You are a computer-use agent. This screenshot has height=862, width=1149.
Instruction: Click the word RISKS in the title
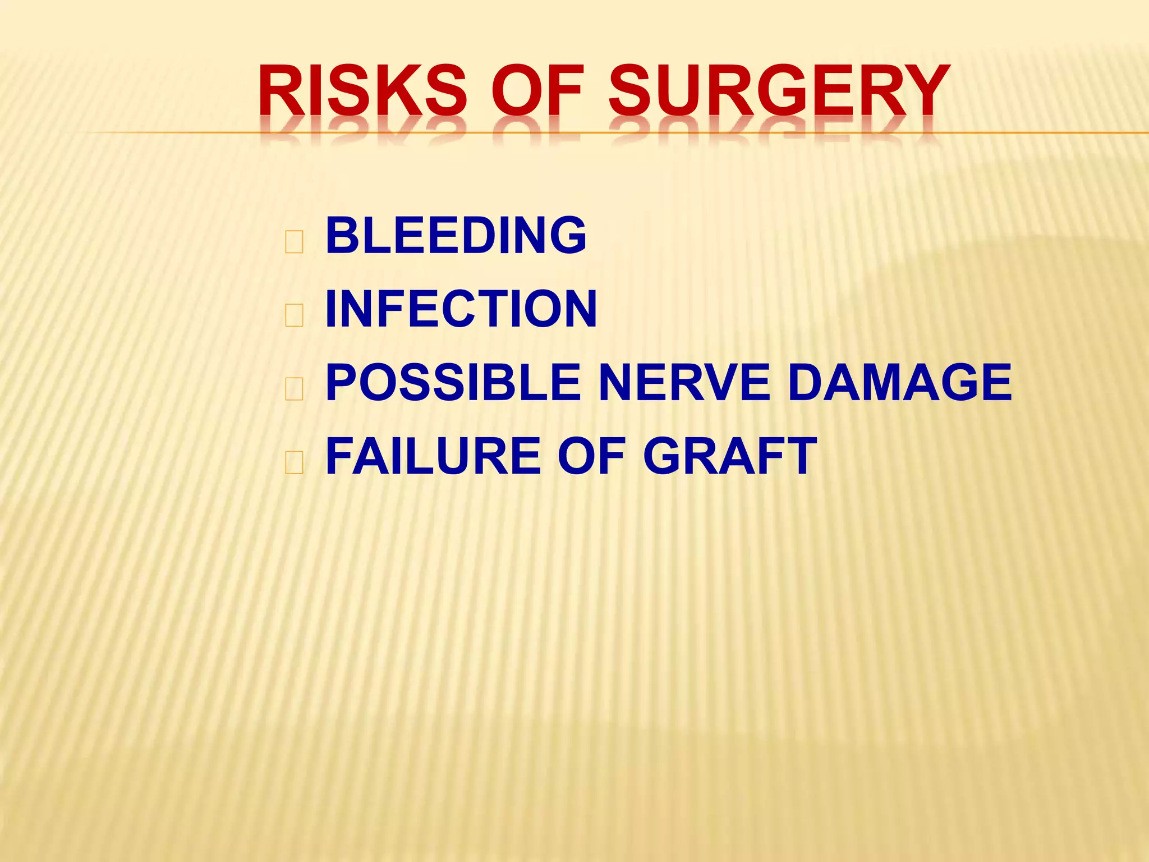362,90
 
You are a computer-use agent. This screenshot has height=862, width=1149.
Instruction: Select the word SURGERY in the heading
779,90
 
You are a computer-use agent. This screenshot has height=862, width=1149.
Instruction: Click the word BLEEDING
456,235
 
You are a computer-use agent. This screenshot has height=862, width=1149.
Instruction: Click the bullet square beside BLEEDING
294,242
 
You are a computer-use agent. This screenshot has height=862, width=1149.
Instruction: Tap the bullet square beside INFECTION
294,315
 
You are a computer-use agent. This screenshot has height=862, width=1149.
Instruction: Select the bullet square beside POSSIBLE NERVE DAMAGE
294,389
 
